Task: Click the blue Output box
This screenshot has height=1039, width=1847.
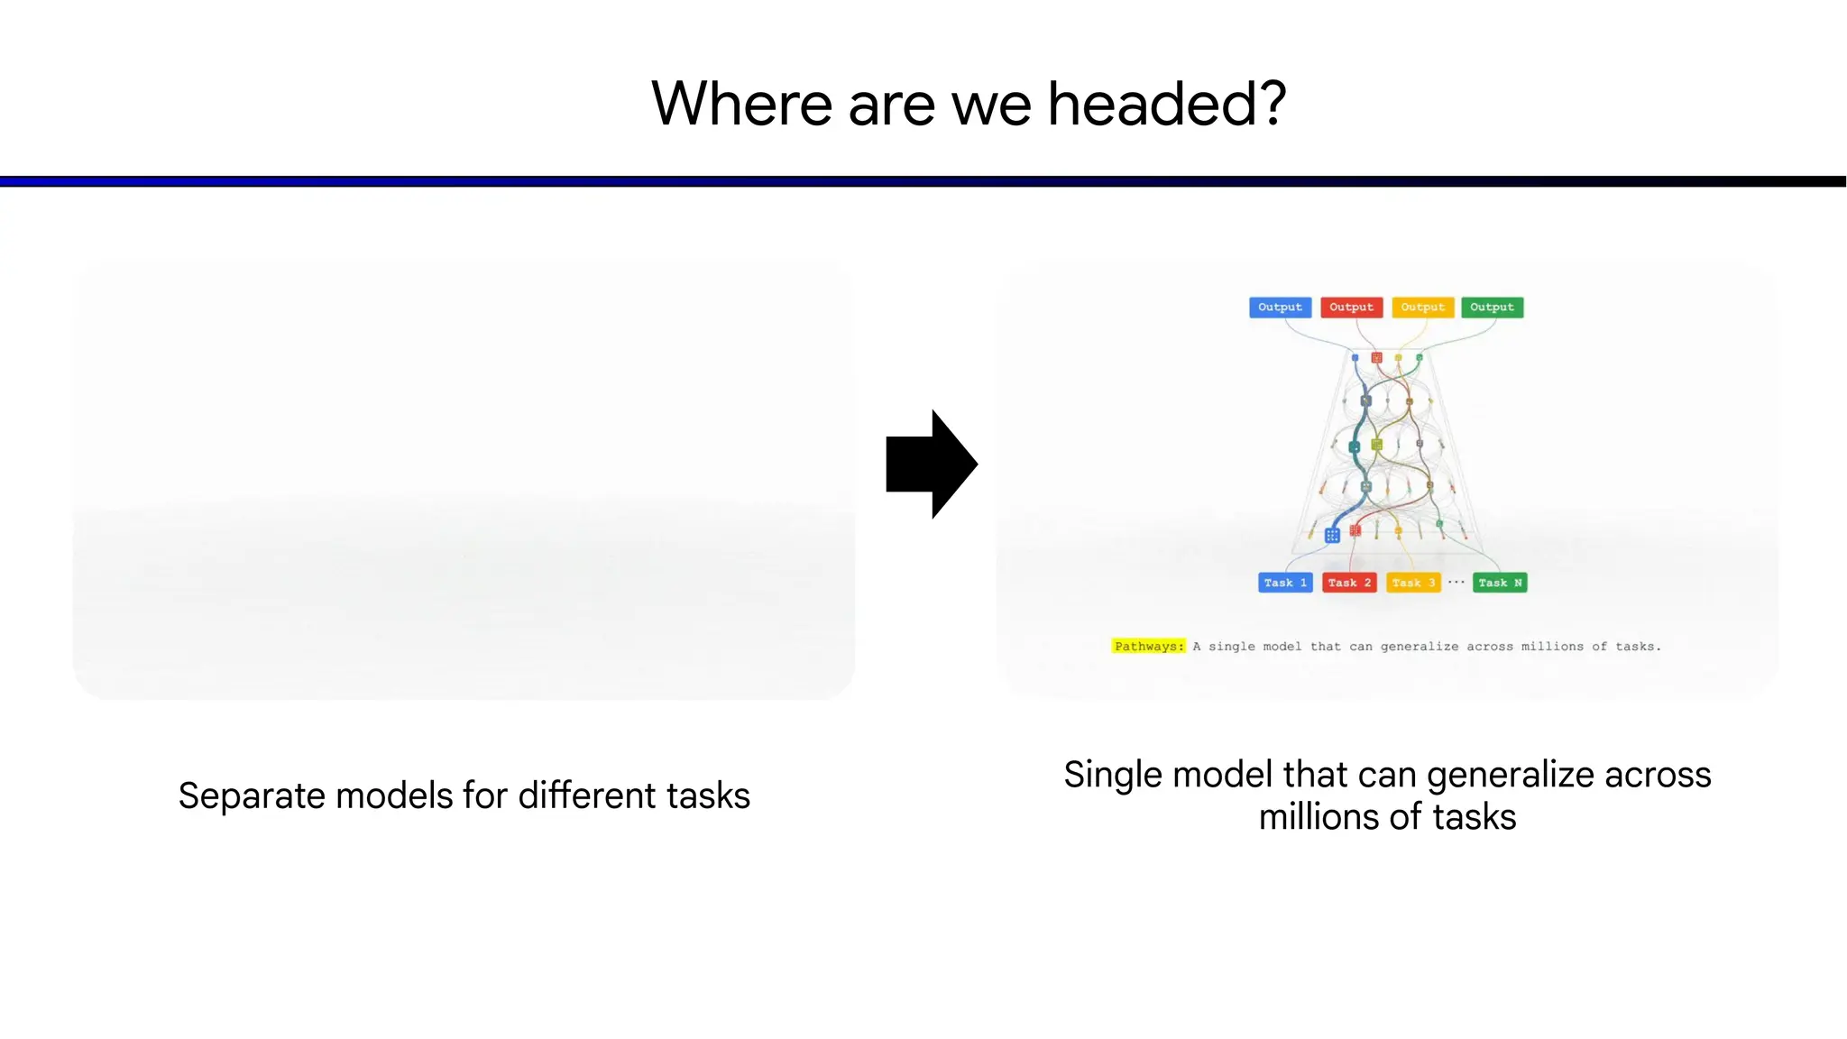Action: coord(1280,308)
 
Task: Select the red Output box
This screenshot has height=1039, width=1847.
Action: coord(1351,308)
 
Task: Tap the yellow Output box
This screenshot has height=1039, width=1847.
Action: coord(1422,308)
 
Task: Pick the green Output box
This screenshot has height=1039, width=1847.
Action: coord(1492,308)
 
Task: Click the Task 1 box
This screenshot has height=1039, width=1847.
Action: coord(1285,583)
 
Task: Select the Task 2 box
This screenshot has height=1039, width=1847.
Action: coord(1349,583)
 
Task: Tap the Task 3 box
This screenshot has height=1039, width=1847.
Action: coord(1413,583)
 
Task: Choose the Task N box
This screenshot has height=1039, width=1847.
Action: coord(1500,583)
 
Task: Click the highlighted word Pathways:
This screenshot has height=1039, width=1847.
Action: coord(1148,646)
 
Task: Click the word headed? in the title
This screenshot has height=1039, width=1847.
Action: coord(1166,104)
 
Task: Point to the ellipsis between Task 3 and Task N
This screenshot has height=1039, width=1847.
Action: coord(1456,583)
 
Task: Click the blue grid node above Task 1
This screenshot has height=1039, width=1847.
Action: coord(1332,536)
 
